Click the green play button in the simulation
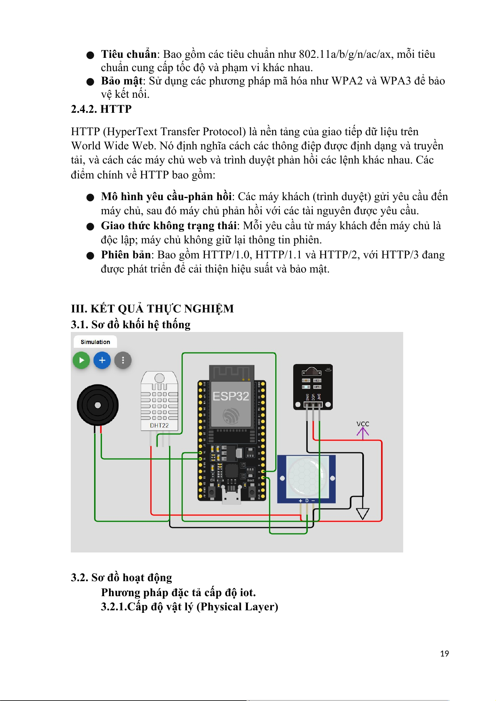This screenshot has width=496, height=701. [81, 360]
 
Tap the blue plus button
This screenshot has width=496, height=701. [102, 360]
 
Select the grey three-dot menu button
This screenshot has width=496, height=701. [123, 360]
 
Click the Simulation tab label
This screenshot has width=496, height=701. [95, 342]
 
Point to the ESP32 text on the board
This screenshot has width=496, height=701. [231, 396]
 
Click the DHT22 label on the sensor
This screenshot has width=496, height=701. [159, 426]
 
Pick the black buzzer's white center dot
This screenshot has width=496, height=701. [98, 405]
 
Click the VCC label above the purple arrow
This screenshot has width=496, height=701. [363, 424]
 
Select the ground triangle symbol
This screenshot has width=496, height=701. [363, 514]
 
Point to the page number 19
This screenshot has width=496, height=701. [444, 654]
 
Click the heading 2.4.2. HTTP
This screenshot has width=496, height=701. [101, 109]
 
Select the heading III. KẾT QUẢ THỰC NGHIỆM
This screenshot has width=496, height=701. [152, 309]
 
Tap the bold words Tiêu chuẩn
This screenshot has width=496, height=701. [129, 54]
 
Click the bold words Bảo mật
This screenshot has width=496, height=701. [122, 81]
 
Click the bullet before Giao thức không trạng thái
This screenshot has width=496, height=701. [90, 226]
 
